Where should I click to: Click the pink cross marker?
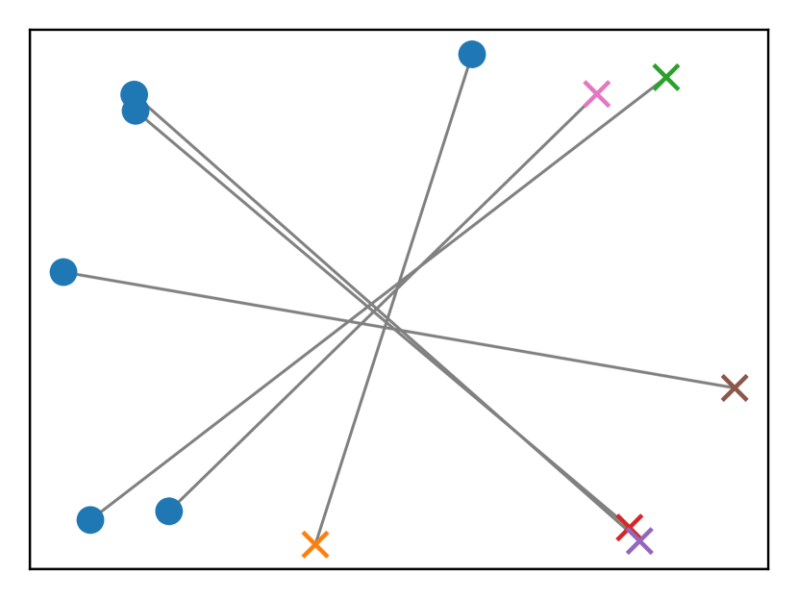[597, 94]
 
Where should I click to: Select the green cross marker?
[666, 77]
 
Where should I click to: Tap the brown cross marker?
[735, 388]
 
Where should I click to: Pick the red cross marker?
[630, 527]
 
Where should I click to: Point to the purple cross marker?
[639, 541]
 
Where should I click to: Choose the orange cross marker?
[315, 545]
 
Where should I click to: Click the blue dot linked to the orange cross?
[472, 55]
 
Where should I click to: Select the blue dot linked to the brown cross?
[63, 272]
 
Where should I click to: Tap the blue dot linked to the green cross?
[90, 520]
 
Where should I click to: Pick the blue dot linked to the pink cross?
[169, 512]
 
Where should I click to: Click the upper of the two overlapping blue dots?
[134, 93]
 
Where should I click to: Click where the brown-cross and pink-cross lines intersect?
[361, 324]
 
